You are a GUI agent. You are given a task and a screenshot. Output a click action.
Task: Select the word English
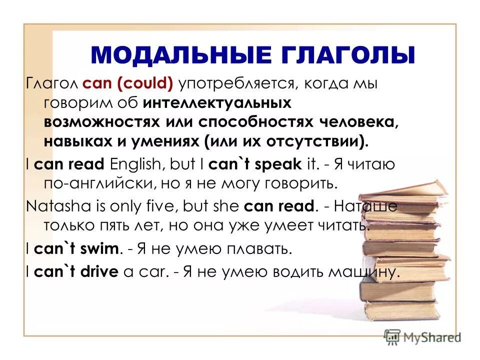[x=137, y=164]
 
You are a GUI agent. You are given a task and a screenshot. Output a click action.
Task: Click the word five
[x=159, y=205]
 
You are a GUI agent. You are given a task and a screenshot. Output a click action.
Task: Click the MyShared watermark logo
[x=422, y=336]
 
